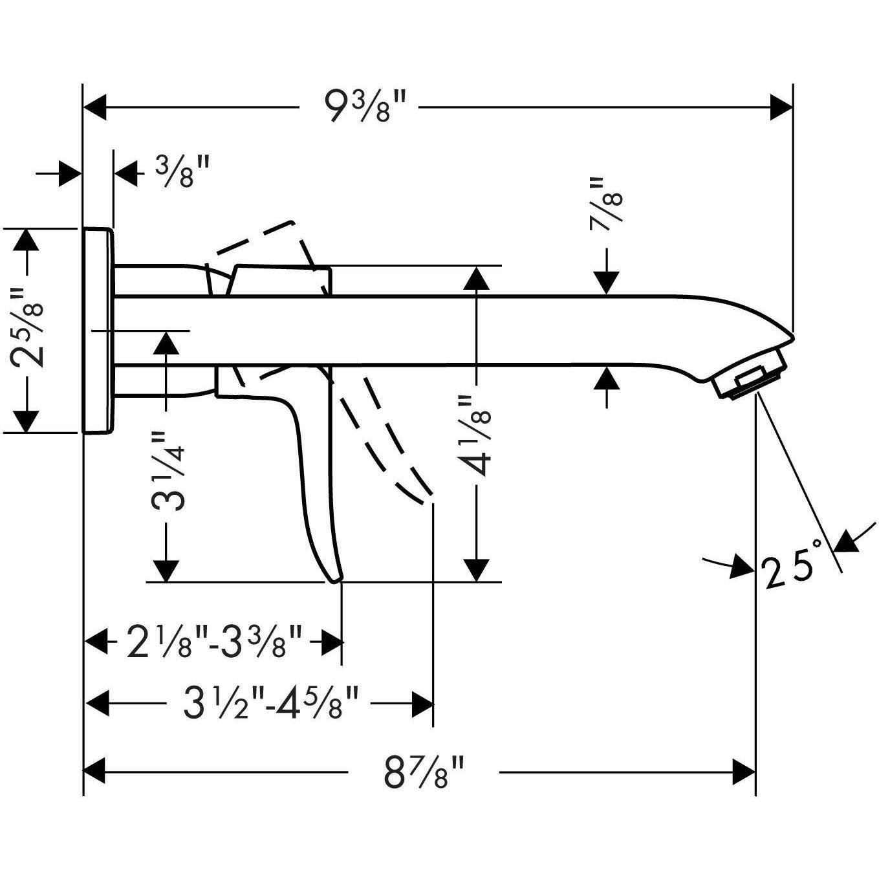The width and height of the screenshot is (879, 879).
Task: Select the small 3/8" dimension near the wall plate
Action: click(182, 172)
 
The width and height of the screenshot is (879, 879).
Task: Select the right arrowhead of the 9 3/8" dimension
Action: click(781, 107)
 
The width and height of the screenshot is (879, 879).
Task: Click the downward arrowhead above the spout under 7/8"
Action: click(606, 283)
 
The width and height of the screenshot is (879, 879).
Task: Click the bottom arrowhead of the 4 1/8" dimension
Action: click(476, 569)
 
